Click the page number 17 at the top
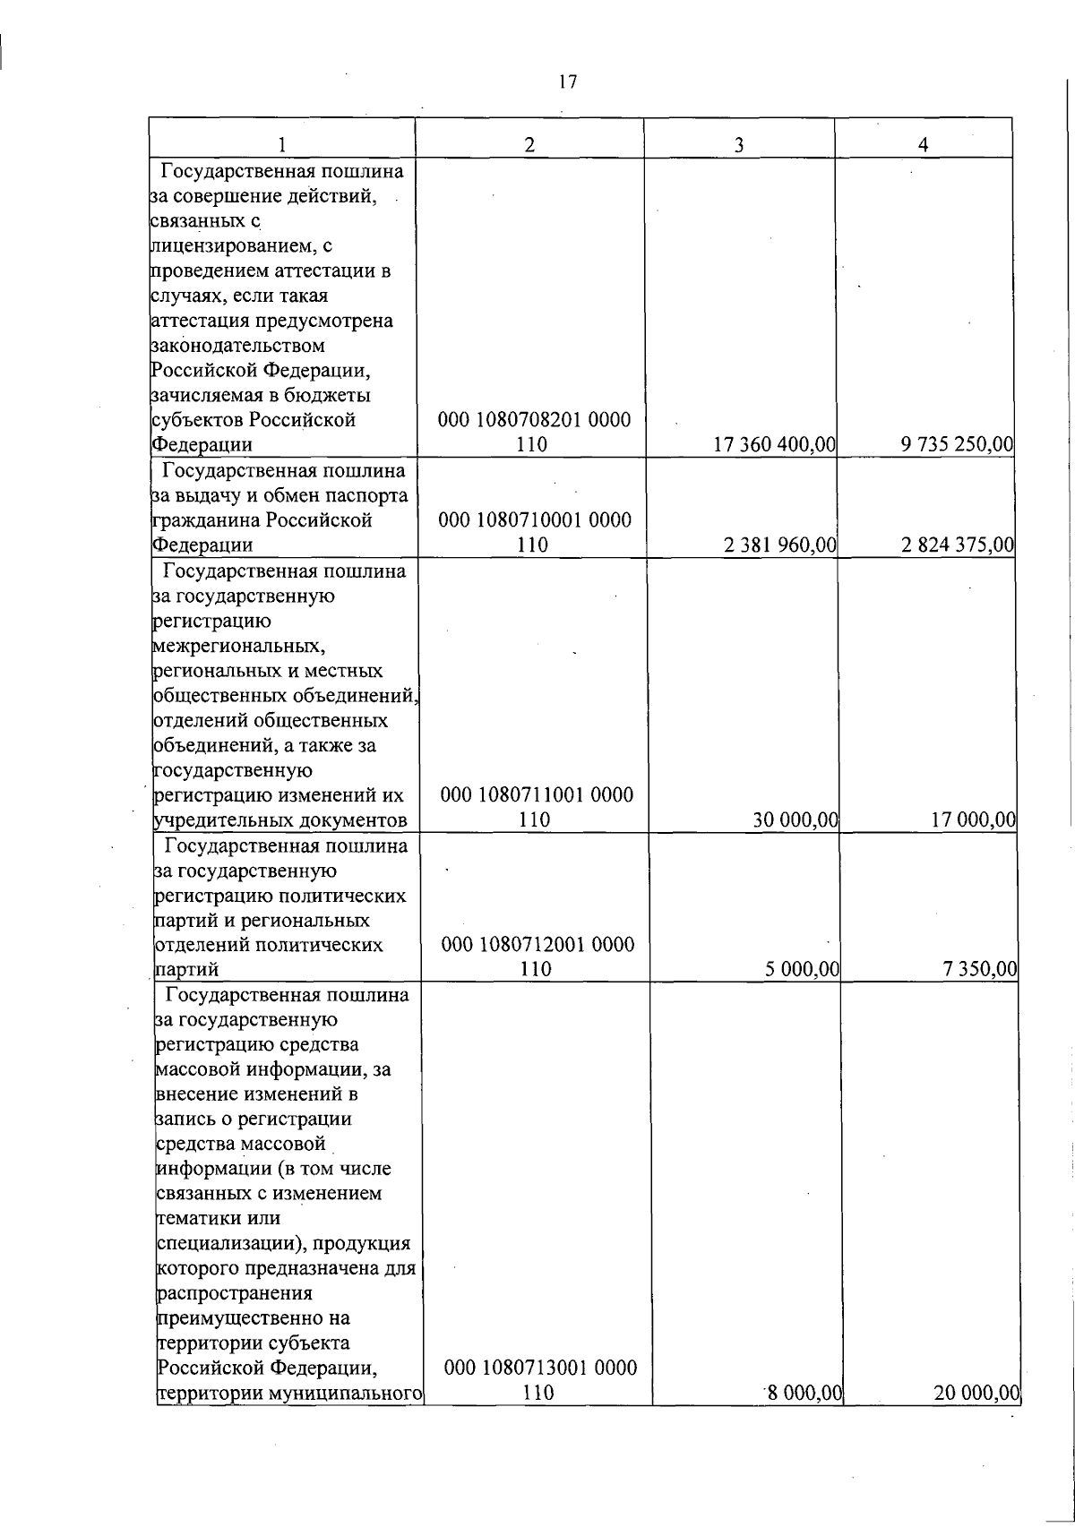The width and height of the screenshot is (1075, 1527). [x=566, y=82]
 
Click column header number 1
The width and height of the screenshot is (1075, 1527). [x=282, y=144]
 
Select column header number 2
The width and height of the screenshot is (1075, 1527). [x=530, y=144]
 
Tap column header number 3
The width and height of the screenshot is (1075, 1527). [x=739, y=144]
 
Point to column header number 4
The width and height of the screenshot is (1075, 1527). [x=924, y=144]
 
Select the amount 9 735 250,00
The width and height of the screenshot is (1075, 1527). [x=958, y=444]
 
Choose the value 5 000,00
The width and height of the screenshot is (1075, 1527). [x=801, y=969]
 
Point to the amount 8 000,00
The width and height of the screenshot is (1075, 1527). [x=803, y=1419]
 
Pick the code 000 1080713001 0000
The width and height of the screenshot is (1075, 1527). [x=540, y=1393]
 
